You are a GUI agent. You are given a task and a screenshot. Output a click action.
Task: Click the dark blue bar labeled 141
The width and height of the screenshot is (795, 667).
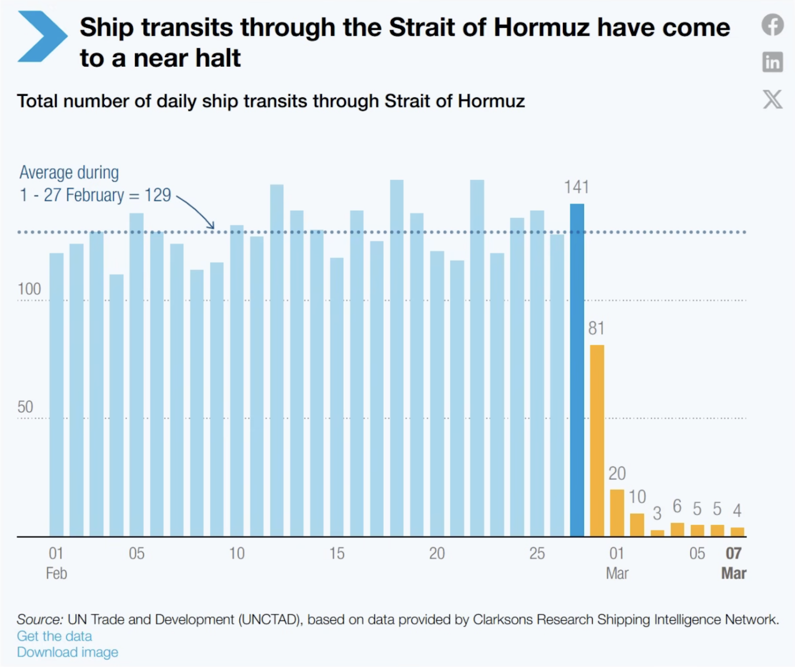[x=577, y=370]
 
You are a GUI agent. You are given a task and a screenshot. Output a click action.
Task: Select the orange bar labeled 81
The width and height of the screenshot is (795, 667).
[x=597, y=441]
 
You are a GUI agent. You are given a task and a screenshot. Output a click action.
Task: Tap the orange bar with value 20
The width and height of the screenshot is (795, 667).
[x=617, y=513]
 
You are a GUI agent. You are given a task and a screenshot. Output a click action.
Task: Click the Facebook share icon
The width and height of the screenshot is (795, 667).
[x=773, y=25]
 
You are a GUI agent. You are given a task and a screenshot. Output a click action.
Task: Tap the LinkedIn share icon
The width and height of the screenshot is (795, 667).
[x=773, y=62]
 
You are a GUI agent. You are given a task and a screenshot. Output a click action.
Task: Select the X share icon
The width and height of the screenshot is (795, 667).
[x=773, y=99]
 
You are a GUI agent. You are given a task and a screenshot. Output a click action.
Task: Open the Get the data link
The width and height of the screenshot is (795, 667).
[x=54, y=636]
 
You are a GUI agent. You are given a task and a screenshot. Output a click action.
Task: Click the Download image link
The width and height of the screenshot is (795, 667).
[x=68, y=652]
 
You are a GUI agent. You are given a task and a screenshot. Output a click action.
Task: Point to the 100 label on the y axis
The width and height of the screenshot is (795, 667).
[x=29, y=289]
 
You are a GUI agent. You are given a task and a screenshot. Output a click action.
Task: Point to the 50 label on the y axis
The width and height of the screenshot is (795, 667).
[x=25, y=407]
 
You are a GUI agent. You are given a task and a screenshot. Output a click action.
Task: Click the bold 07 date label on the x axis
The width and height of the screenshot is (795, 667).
[x=733, y=553]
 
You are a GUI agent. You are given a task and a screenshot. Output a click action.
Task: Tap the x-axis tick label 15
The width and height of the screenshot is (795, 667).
[x=337, y=553]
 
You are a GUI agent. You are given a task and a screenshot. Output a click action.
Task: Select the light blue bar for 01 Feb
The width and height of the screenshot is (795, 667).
[x=56, y=395]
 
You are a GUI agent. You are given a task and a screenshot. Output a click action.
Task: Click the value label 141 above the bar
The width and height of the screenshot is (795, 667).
[x=576, y=187]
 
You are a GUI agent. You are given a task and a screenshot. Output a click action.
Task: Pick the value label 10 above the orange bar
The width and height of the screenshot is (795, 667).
[x=637, y=497]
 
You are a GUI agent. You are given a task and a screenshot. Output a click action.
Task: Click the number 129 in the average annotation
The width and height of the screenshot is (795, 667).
[x=158, y=195]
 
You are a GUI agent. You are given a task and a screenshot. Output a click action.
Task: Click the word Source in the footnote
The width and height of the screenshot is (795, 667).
[x=39, y=619]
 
